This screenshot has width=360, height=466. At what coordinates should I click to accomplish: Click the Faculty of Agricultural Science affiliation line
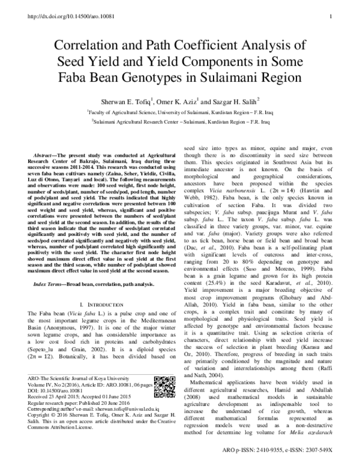[180, 112]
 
